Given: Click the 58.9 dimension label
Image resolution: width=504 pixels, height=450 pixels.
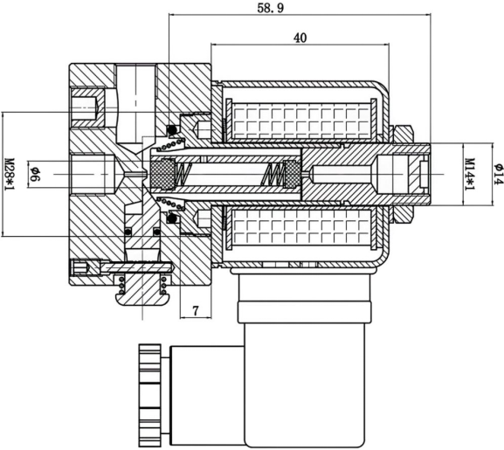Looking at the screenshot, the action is tap(271, 8).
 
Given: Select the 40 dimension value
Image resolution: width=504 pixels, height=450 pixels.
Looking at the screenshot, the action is tap(300, 38).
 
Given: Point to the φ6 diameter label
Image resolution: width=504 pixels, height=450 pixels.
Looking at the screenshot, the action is tap(35, 174).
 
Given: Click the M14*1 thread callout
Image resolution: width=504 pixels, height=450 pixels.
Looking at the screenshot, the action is tap(471, 174).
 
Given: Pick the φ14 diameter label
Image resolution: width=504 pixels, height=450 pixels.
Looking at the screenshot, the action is tap(499, 174).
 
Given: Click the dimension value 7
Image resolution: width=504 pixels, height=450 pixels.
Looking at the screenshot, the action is tap(196, 311).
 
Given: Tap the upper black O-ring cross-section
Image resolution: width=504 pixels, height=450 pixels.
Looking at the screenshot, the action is tap(172, 129).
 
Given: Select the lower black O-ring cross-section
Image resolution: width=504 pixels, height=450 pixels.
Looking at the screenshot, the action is tap(172, 218).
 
